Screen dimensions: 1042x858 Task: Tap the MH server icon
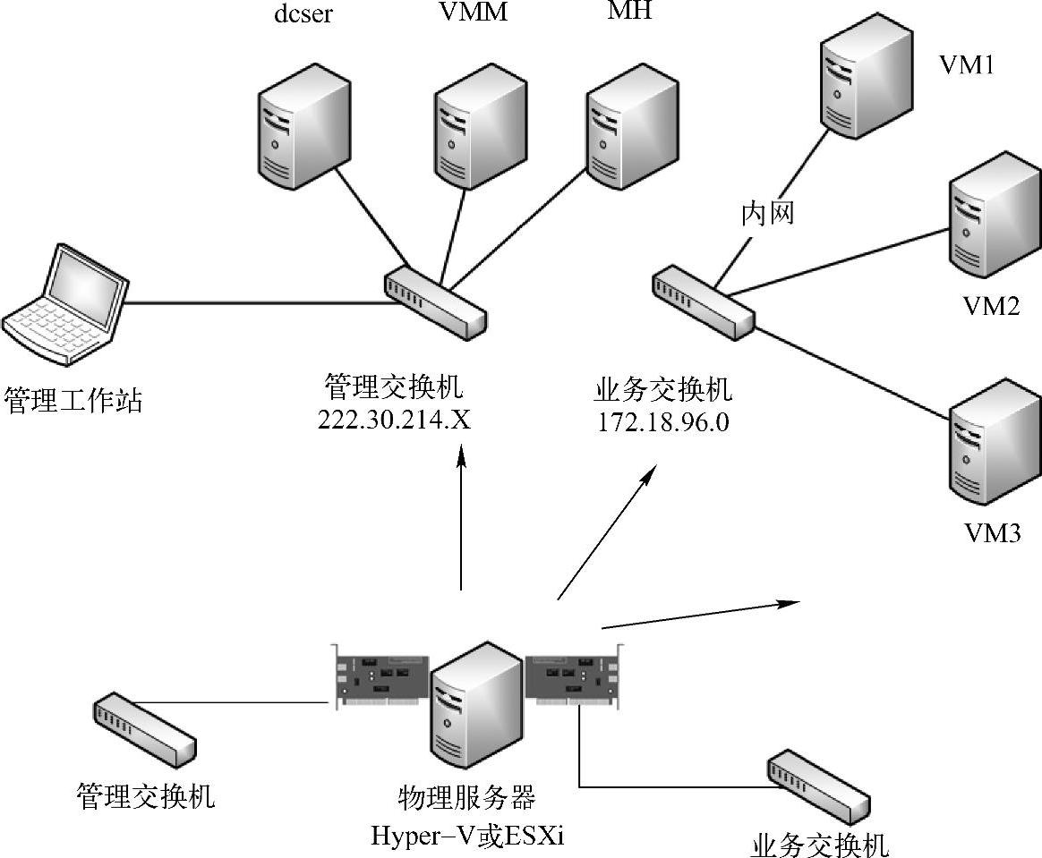point(632,127)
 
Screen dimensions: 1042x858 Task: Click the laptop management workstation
point(65,305)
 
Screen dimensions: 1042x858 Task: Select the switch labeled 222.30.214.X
point(435,301)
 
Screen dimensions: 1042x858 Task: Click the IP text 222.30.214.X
point(394,420)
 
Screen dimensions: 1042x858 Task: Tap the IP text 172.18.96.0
point(663,422)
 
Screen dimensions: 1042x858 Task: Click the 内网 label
point(767,214)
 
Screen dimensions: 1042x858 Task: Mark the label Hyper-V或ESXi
point(467,836)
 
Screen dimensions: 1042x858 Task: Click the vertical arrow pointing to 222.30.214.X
point(460,518)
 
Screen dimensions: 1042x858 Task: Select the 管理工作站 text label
point(73,401)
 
